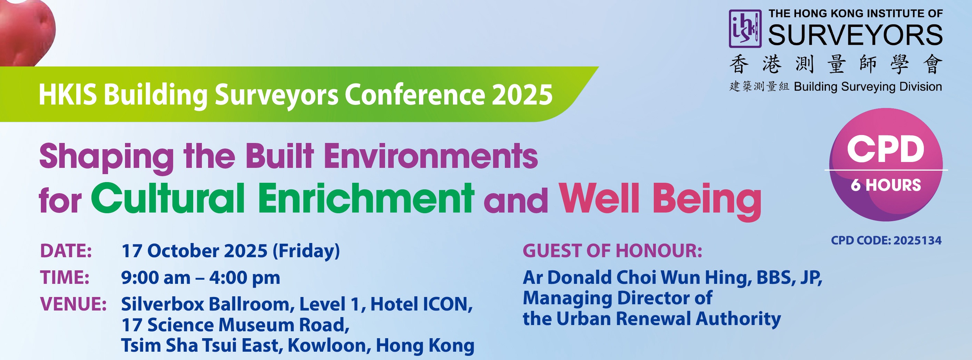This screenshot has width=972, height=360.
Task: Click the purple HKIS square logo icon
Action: (745, 29)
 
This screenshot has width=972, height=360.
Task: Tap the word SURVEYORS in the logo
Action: (855, 35)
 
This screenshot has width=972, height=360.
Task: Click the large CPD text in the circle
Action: (885, 150)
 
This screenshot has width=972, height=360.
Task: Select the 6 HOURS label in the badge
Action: (885, 185)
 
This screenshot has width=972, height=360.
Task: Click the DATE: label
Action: (66, 251)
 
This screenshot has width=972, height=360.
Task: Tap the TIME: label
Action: (65, 278)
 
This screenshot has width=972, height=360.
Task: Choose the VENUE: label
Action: (73, 304)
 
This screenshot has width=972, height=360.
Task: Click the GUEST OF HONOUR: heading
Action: (613, 251)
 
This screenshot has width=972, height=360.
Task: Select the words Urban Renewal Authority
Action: (668, 319)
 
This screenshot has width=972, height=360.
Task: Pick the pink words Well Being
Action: (660, 200)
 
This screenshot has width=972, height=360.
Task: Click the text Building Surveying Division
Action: (868, 87)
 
